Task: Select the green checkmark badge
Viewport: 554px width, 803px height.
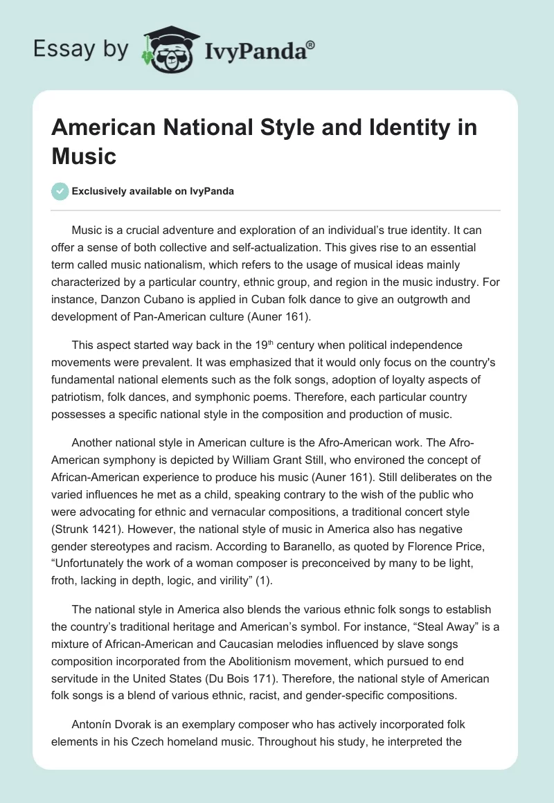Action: coord(60,192)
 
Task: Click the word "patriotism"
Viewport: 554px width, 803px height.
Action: coord(83,398)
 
